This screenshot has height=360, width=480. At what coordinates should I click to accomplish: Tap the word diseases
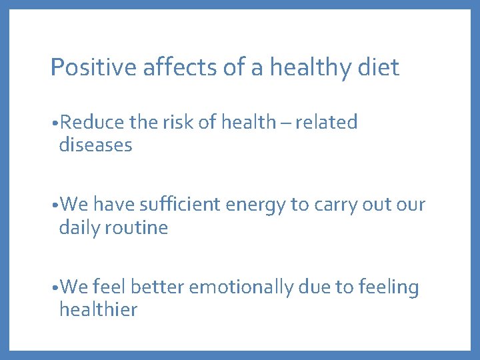click(95, 145)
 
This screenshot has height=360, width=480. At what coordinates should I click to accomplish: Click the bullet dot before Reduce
click(53, 123)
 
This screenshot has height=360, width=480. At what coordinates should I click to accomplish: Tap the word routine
click(137, 227)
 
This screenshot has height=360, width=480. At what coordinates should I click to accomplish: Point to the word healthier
click(98, 309)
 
